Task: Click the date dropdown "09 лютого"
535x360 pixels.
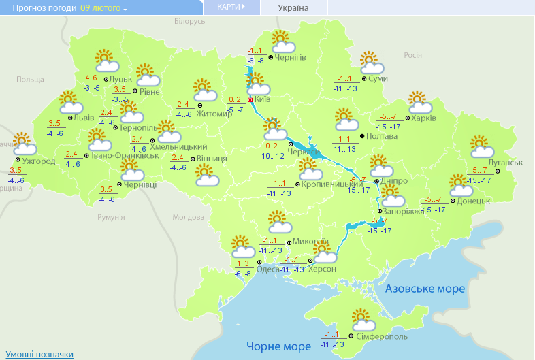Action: tap(103, 8)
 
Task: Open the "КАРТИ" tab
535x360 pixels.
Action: tap(231, 7)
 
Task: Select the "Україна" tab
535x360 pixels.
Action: tap(293, 8)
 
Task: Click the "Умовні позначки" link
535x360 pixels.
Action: tap(39, 354)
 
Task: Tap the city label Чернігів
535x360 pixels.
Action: tap(291, 58)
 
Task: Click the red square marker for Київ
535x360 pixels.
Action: tap(250, 99)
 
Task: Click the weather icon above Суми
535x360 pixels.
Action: tap(371, 63)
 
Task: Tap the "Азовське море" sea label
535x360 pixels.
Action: tap(425, 289)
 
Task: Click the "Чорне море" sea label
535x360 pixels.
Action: tap(278, 346)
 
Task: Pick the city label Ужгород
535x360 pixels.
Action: tap(39, 161)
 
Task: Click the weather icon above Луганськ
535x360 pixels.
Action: tap(481, 147)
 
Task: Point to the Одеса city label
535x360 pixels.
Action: tap(267, 269)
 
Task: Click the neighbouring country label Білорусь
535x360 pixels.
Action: tap(189, 22)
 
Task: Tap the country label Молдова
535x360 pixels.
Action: tap(188, 217)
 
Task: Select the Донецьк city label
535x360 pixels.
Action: tap(474, 201)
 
